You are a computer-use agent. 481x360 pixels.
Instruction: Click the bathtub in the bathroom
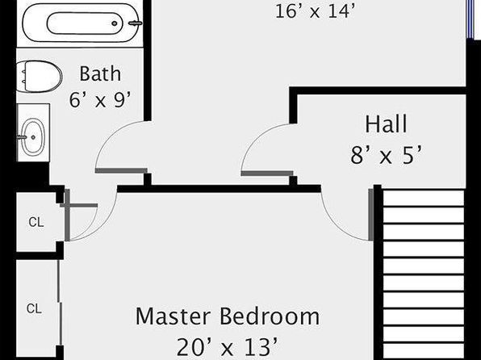(x=80, y=23)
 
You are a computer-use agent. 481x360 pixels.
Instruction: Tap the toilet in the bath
(x=39, y=77)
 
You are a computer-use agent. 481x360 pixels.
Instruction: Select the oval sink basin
(x=33, y=137)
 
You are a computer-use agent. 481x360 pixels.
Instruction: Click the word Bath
(x=100, y=73)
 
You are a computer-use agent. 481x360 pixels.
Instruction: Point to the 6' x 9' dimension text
(x=100, y=100)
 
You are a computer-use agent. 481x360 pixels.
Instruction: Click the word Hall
(x=386, y=123)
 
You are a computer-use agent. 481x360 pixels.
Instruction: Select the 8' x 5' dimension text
(x=386, y=155)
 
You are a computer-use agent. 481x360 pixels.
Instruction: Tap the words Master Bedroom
(x=228, y=316)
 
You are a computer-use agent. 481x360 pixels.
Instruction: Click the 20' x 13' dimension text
(x=228, y=347)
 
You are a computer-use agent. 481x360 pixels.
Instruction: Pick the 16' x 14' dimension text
(x=315, y=11)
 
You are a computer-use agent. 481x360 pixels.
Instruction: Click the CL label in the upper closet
(x=36, y=222)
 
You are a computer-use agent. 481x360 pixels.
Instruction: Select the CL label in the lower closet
(x=34, y=308)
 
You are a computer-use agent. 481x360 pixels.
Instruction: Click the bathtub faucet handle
(x=135, y=23)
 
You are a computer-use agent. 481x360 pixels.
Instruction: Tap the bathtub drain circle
(x=115, y=23)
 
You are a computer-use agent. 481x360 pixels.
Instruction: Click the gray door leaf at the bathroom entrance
(x=121, y=170)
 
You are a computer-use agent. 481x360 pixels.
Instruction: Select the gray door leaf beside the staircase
(x=371, y=215)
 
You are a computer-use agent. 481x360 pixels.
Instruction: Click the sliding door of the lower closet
(x=60, y=303)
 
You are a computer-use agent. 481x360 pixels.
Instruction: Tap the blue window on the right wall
(x=471, y=19)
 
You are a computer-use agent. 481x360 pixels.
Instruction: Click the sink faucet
(x=21, y=137)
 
